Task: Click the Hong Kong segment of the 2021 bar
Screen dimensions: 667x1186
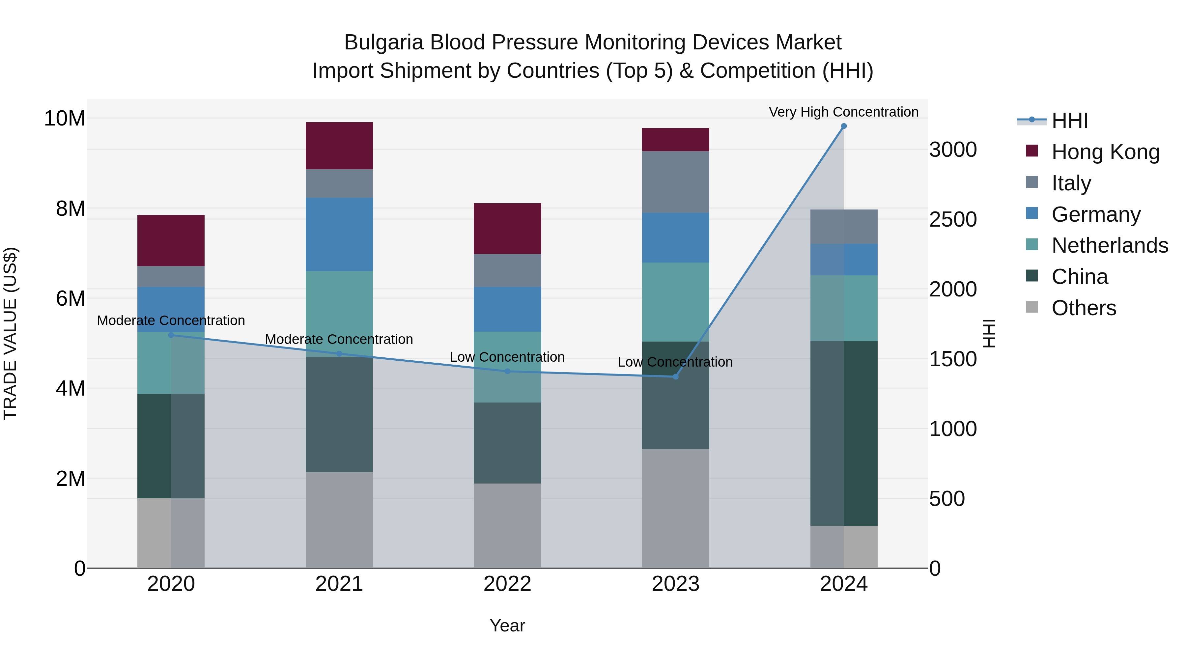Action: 339,146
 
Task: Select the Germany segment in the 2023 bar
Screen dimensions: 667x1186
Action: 675,237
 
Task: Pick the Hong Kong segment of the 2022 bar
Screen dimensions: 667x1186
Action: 507,228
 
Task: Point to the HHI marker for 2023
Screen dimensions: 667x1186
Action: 675,376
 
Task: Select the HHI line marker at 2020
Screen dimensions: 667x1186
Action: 171,335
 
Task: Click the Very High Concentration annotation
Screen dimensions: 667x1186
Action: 843,112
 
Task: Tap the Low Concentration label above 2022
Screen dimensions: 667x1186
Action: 507,357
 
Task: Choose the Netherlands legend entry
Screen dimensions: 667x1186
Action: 1110,245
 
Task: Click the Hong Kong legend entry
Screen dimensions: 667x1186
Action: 1105,152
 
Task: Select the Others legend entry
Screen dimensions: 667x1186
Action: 1084,308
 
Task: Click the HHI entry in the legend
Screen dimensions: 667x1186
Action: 1069,121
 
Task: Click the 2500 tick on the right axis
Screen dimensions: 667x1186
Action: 952,220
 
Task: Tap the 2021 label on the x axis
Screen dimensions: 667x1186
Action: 339,584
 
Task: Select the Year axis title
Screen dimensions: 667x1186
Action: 507,625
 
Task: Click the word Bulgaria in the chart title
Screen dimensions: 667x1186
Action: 383,42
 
